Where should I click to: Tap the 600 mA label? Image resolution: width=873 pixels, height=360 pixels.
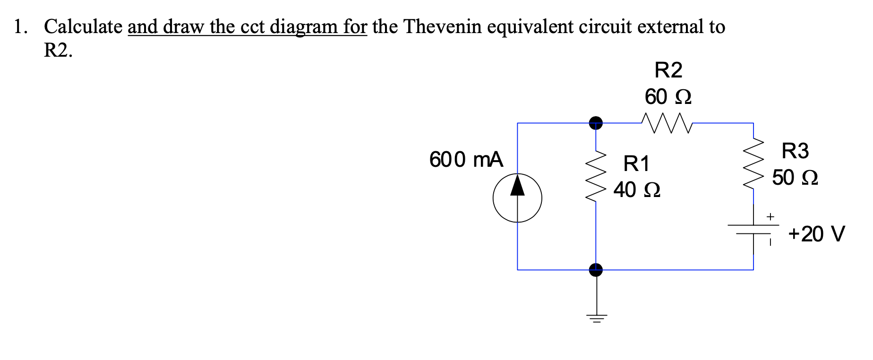click(466, 160)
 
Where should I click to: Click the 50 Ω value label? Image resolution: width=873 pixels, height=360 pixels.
click(795, 178)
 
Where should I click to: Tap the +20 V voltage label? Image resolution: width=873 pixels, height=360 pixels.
click(816, 234)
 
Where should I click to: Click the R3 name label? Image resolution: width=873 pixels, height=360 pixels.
click(795, 151)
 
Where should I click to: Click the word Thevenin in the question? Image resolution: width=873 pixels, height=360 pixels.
click(442, 27)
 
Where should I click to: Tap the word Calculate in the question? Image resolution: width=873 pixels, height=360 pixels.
click(83, 27)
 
